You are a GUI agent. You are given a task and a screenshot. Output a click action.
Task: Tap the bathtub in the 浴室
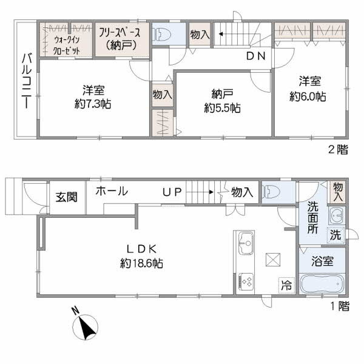tap(322, 284)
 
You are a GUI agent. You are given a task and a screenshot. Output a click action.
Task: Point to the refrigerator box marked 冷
tap(286, 285)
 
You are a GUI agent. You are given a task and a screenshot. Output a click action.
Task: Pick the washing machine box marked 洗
tap(335, 235)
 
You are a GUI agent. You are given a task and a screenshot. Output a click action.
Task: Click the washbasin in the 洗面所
tap(336, 215)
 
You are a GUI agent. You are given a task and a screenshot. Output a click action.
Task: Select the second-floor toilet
tap(162, 35)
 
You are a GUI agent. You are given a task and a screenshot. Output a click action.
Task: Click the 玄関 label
tap(66, 197)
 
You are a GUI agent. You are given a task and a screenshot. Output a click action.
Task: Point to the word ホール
tap(112, 191)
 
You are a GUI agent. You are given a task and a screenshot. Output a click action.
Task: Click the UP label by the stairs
tap(172, 192)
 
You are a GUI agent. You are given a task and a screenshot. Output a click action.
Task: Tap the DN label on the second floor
tap(256, 56)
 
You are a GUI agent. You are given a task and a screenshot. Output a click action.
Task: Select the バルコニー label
tap(27, 81)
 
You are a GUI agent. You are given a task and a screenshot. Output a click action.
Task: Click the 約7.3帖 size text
tap(93, 104)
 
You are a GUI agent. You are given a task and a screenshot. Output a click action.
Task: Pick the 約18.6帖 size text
tap(141, 263)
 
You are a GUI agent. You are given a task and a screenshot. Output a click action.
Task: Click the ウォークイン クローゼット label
tap(67, 45)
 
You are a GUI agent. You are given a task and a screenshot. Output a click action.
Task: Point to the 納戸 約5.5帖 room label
tap(222, 101)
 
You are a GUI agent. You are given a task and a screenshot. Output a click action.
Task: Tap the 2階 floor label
tap(338, 150)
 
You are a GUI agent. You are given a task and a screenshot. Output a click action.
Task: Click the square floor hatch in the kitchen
tap(273, 260)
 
